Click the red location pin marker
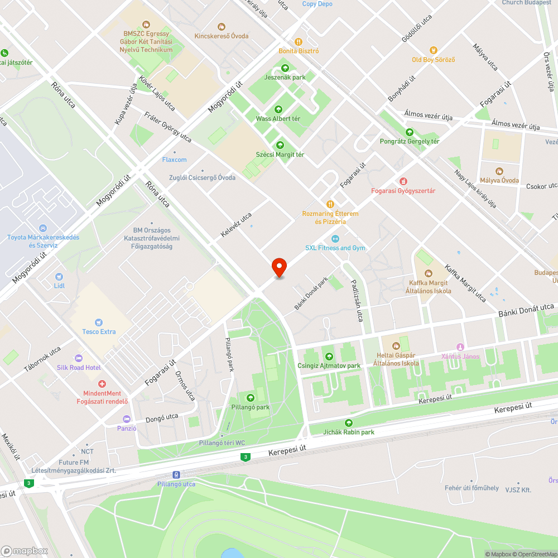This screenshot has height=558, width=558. [278, 267]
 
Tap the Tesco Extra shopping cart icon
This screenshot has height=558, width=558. [99, 322]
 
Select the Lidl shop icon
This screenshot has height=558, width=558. [60, 276]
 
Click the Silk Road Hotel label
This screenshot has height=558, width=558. [79, 368]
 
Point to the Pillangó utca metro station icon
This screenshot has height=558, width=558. [176, 474]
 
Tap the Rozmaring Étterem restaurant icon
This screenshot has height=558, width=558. [330, 204]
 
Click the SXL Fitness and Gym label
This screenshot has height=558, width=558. [335, 248]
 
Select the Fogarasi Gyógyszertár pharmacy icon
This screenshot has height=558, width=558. [403, 181]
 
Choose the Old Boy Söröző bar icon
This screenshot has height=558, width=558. [434, 50]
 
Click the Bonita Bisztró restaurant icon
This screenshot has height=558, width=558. [299, 41]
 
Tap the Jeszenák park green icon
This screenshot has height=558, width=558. [285, 68]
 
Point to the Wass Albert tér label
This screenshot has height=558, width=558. [278, 119]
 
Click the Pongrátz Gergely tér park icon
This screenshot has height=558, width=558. [410, 132]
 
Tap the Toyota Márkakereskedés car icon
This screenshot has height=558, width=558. [43, 228]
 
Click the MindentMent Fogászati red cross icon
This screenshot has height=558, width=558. [102, 384]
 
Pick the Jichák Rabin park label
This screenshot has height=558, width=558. [349, 432]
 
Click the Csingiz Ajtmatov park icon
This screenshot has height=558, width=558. [329, 357]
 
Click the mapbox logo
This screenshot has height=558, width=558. [25, 550]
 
